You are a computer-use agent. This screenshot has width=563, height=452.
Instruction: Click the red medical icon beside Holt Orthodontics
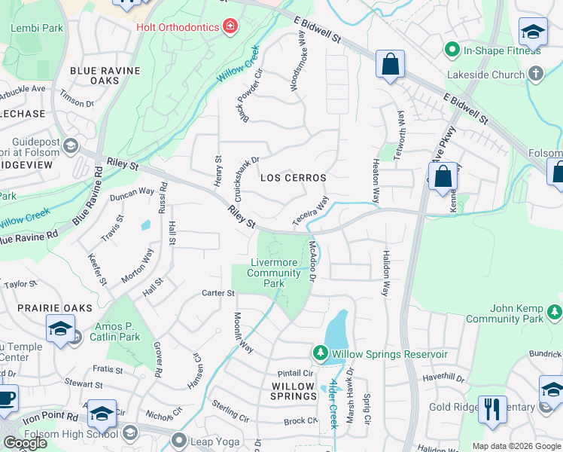(x=230, y=27)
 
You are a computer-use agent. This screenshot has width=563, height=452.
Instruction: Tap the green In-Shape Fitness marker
(x=452, y=50)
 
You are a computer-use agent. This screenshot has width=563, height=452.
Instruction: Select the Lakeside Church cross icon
(x=535, y=74)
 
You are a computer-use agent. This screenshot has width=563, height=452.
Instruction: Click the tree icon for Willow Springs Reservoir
(x=320, y=353)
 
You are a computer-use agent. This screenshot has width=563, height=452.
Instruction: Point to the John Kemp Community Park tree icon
(x=555, y=310)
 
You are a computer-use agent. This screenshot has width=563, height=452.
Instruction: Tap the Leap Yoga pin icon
(x=178, y=439)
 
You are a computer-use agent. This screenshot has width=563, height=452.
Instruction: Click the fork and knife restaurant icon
(x=492, y=409)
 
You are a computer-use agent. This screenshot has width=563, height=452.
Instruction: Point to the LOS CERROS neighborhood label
(x=293, y=178)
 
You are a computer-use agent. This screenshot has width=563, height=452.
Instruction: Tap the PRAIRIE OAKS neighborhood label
(x=55, y=308)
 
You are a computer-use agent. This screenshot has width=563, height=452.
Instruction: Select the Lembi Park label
(x=37, y=28)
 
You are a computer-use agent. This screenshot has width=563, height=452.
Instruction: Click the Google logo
(x=26, y=443)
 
